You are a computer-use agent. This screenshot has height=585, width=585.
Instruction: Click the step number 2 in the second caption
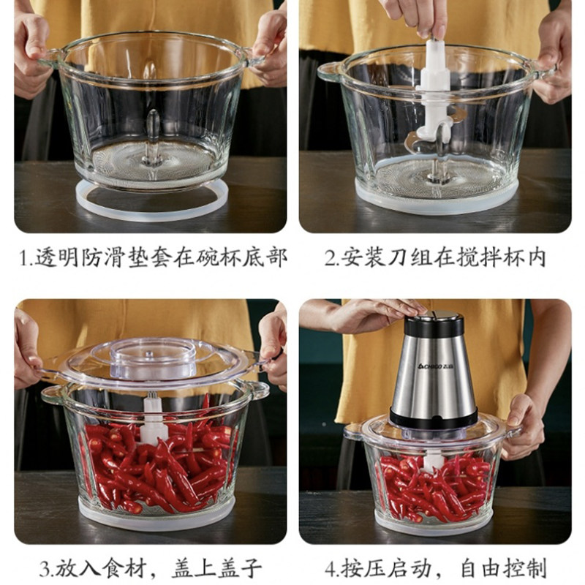point(330,259)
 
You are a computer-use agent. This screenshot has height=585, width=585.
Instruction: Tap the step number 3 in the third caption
point(45,569)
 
